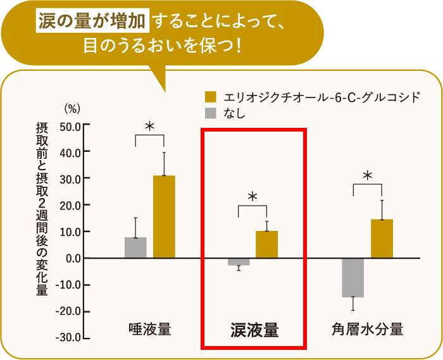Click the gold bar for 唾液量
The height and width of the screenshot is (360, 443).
coord(164,216)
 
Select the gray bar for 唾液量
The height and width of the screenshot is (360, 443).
coord(135,247)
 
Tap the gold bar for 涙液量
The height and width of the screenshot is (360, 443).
coord(266,244)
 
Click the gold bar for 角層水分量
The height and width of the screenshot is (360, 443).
coord(382,239)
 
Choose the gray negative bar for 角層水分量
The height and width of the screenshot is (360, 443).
coord(353,277)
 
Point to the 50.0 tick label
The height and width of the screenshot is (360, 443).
coord(70,125)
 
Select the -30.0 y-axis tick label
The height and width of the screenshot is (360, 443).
coord(68,337)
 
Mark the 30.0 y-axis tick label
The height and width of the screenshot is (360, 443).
coord(70,178)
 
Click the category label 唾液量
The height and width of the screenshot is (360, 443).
coord(149,329)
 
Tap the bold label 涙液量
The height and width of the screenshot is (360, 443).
coord(254,330)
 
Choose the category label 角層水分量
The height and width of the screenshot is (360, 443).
coord(367,329)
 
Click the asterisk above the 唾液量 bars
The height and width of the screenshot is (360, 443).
coord(149,127)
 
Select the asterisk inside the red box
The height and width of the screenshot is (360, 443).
coord(253,197)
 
